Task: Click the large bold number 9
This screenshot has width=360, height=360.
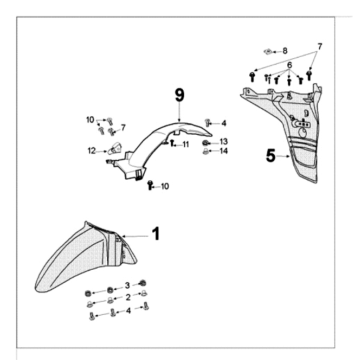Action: pyautogui.click(x=179, y=95)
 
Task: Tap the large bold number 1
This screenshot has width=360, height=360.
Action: pyautogui.click(x=156, y=234)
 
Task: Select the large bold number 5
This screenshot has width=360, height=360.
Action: pyautogui.click(x=271, y=156)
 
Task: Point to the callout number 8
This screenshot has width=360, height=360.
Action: pyautogui.click(x=285, y=51)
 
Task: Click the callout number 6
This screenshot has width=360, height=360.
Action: pyautogui.click(x=289, y=65)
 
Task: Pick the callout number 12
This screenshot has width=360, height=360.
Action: pyautogui.click(x=92, y=151)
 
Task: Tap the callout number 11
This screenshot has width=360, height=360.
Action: pyautogui.click(x=186, y=144)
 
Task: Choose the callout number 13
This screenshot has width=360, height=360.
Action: pyautogui.click(x=224, y=142)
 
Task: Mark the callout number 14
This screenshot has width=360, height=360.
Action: pyautogui.click(x=224, y=151)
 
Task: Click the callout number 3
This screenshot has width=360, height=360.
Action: pyautogui.click(x=127, y=286)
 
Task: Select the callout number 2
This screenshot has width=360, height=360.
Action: pyautogui.click(x=128, y=298)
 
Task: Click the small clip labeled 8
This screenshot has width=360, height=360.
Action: pyautogui.click(x=267, y=51)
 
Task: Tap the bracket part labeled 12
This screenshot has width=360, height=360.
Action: pyautogui.click(x=115, y=148)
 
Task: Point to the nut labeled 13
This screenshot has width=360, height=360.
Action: pyautogui.click(x=206, y=143)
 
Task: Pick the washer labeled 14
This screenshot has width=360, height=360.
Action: pyautogui.click(x=206, y=152)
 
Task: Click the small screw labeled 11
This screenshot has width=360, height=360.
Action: pyautogui.click(x=172, y=143)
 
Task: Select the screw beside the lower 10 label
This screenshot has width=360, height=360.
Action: pyautogui.click(x=150, y=184)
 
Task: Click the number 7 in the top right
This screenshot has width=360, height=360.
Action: pyautogui.click(x=320, y=46)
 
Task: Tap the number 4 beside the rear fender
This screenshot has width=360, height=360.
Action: pyautogui.click(x=224, y=124)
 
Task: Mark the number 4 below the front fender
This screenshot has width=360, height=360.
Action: pyautogui.click(x=128, y=311)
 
